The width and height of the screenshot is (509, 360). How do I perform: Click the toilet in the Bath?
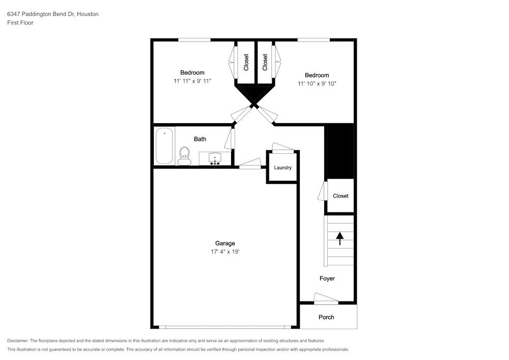pos(184,156)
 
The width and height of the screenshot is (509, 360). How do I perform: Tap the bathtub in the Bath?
pos(164,146)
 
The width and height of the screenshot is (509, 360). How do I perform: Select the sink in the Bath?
pos(215,158)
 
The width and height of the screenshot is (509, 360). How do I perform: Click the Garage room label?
pos(225,243)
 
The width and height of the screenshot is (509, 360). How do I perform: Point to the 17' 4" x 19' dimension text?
pos(225,252)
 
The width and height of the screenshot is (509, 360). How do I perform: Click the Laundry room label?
pos(282,168)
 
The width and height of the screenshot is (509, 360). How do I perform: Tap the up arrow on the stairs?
pos(340,238)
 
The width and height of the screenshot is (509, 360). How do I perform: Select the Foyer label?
pos(327,278)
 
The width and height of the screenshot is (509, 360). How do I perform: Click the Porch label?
pos(326,317)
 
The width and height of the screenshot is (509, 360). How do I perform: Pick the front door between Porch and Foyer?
pos(326,299)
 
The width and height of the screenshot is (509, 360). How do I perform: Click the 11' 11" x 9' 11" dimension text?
pos(192,81)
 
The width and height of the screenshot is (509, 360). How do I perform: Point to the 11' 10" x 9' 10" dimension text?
pos(317,84)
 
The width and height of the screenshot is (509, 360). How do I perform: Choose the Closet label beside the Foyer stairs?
pos(341,196)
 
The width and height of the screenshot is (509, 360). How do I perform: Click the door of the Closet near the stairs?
pos(323,191)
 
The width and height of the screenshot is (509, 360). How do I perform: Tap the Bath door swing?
pos(230,139)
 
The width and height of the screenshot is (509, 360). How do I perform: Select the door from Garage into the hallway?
pos(250,163)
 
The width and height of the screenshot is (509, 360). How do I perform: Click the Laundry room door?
pos(282,148)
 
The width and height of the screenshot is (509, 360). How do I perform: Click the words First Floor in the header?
pos(20,23)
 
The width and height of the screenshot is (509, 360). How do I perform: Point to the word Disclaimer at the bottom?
pos(17,341)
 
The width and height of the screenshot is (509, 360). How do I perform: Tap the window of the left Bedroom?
pos(194,40)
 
